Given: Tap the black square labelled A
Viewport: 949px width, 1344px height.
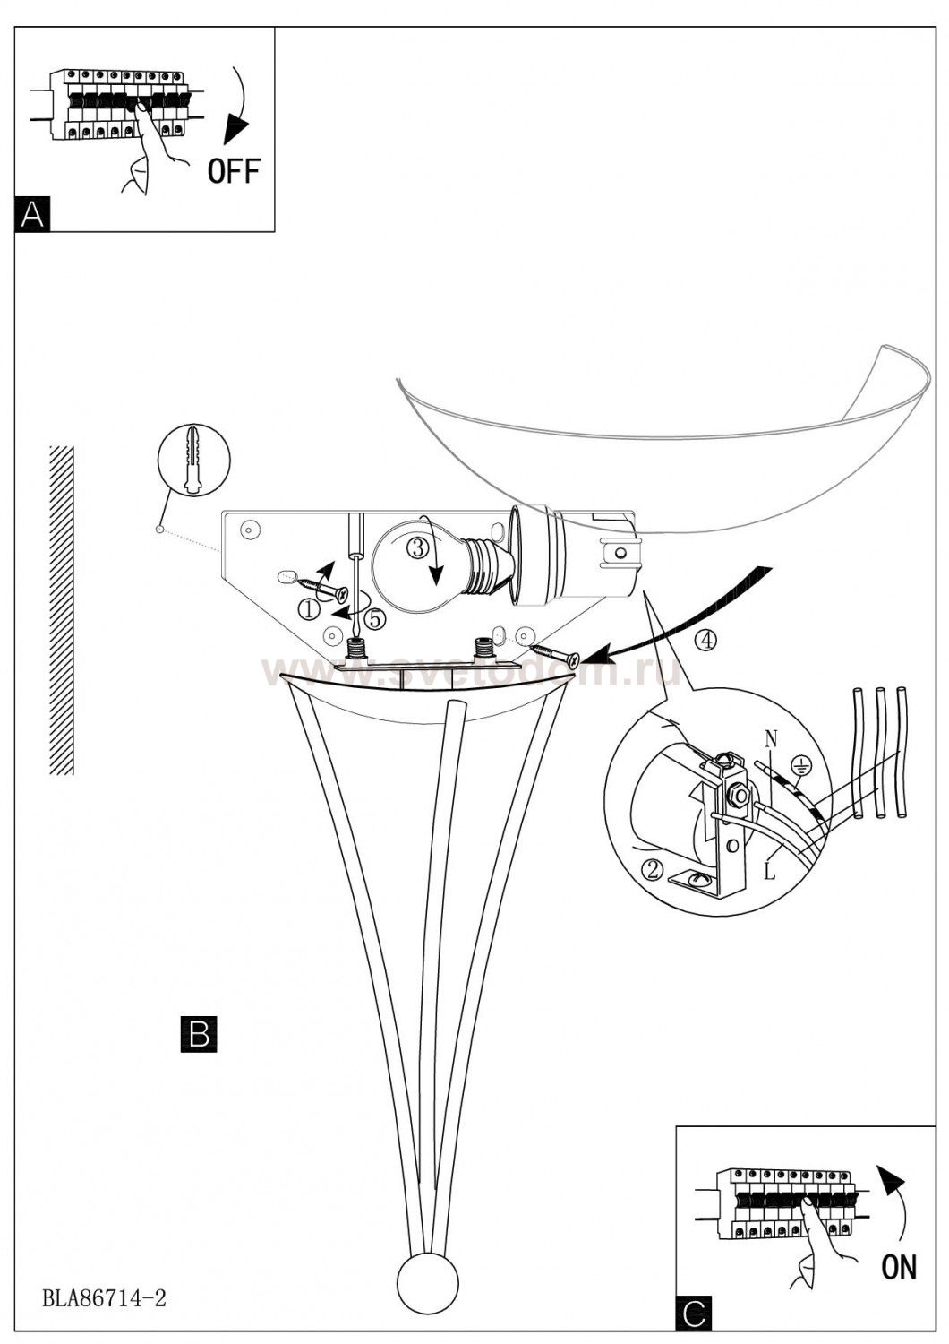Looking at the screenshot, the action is [32, 213].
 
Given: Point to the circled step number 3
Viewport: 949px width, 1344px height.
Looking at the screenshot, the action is [418, 547].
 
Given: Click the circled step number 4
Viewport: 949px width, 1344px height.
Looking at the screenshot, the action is [705, 641].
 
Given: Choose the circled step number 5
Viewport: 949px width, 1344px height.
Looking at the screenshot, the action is [375, 618].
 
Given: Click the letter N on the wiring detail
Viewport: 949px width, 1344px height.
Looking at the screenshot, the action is [771, 740].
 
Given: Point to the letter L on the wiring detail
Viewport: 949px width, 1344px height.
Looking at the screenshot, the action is [770, 871].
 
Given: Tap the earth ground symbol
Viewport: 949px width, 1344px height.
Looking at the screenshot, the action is [799, 764].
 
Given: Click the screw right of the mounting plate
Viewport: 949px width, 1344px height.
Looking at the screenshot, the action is [555, 653].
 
